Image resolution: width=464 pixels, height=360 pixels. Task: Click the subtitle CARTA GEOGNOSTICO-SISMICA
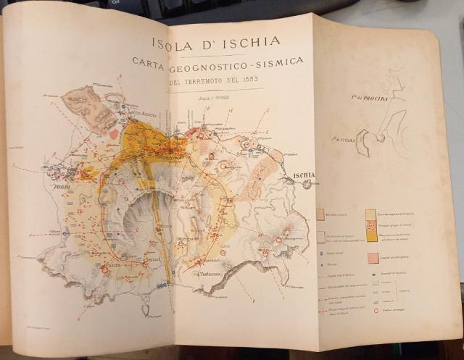[217, 62]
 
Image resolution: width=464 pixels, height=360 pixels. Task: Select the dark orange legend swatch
[371, 235]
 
